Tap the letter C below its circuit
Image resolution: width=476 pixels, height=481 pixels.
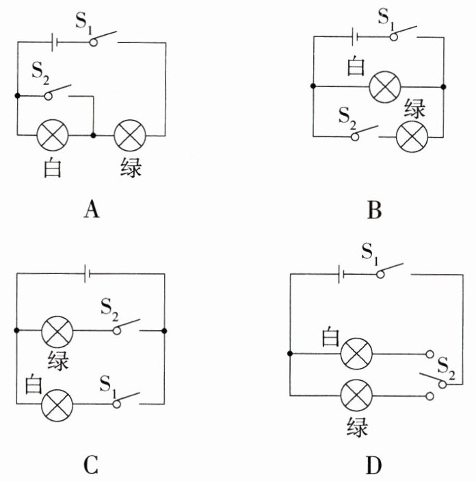tap(92, 466)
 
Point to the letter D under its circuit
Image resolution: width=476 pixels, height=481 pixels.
tap(373, 466)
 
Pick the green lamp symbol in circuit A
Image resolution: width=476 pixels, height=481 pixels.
tap(129, 135)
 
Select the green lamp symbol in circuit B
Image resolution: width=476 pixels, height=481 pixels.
tap(412, 137)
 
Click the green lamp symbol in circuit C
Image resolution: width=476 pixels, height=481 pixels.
tap(57, 331)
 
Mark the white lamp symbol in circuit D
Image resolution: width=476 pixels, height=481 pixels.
tap(356, 354)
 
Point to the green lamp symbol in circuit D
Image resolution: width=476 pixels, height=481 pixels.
tap(356, 396)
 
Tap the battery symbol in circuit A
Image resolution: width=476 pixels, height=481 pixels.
tap(53, 42)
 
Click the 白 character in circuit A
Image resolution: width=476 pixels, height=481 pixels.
tap(53, 168)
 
